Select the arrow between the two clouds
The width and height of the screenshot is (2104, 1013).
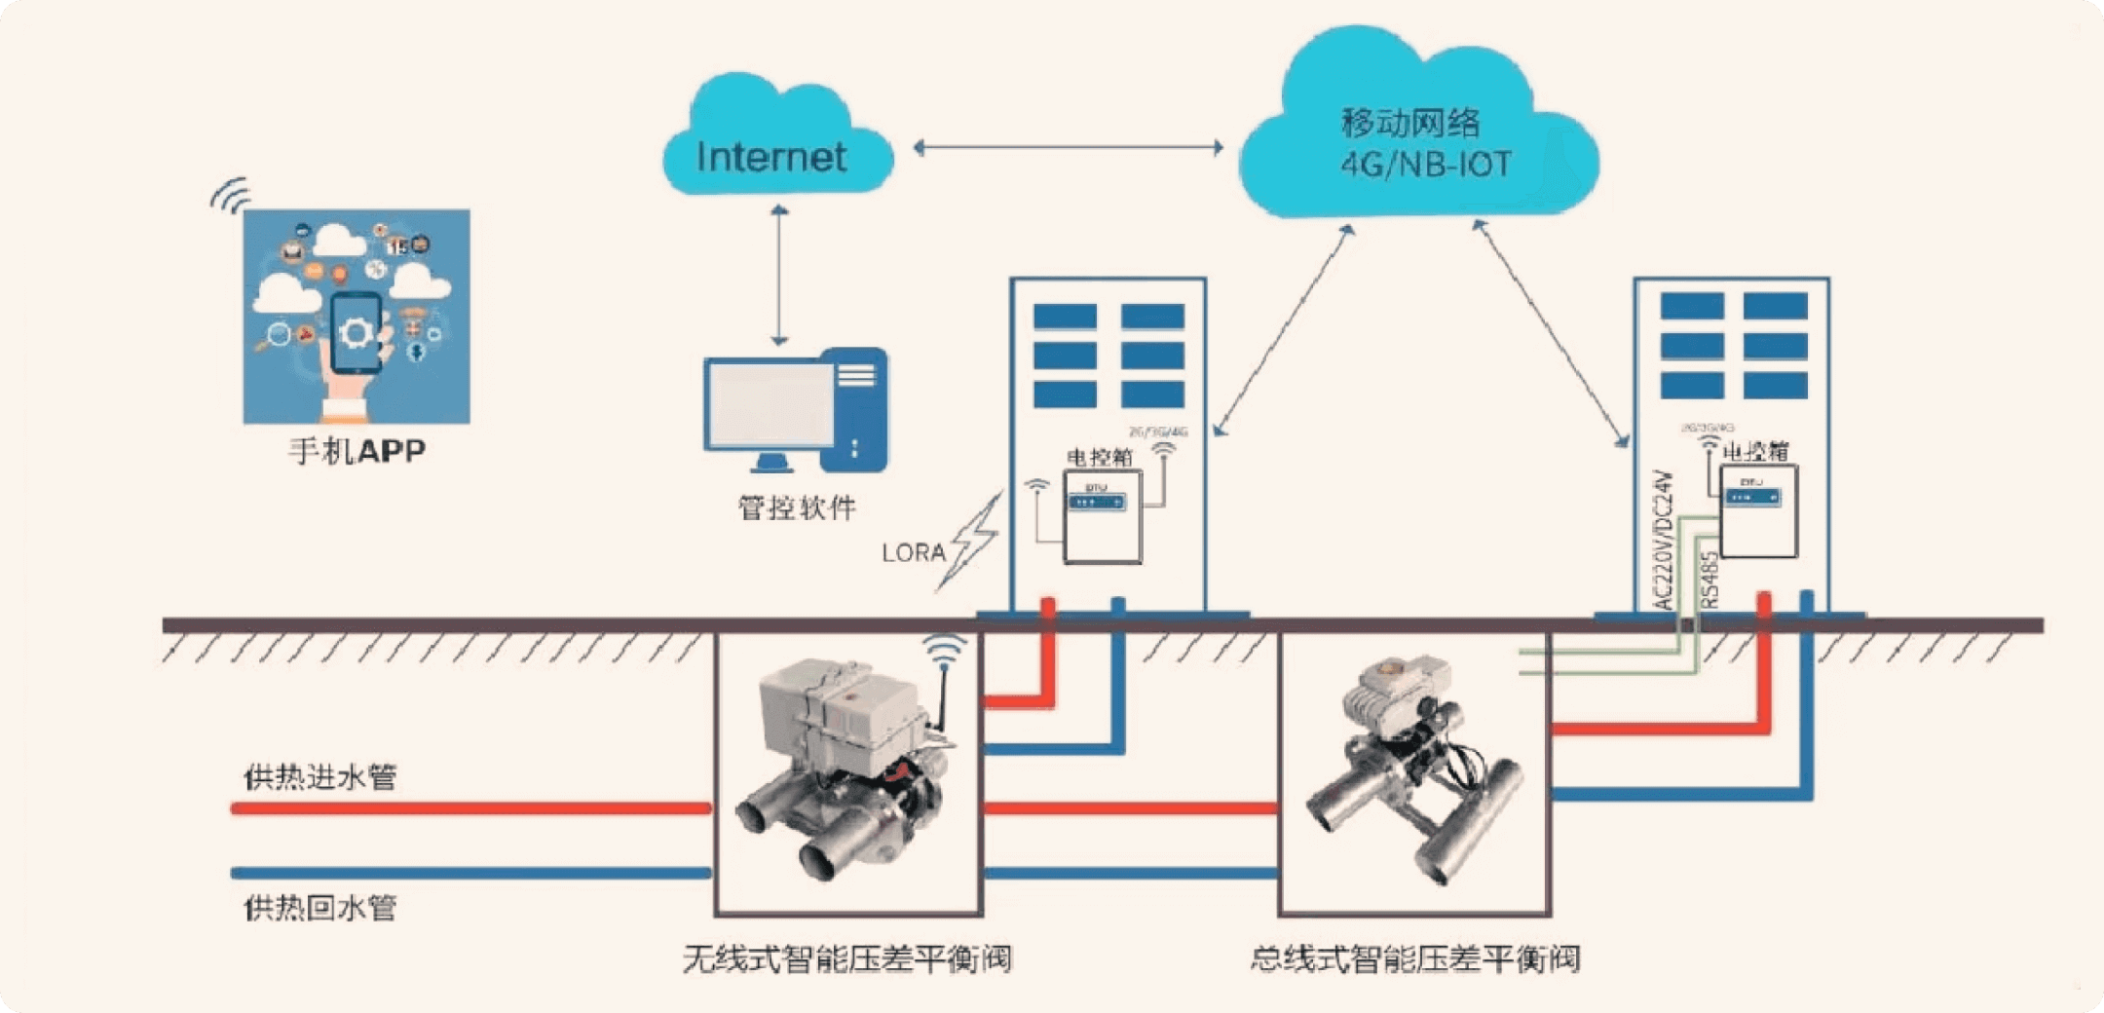1068,148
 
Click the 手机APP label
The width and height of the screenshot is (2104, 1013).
357,451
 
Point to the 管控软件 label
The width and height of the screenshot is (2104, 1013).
797,507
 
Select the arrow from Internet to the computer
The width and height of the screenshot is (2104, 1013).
778,276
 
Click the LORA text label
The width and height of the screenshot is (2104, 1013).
913,553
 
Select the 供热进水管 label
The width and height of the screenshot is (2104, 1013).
320,777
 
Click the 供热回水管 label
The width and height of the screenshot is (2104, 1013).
320,908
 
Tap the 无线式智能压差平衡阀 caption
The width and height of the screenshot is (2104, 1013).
846,959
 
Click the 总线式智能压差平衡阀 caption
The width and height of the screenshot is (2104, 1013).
1414,959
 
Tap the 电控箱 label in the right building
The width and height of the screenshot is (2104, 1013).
1755,452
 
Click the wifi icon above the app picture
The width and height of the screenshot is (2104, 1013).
231,195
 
